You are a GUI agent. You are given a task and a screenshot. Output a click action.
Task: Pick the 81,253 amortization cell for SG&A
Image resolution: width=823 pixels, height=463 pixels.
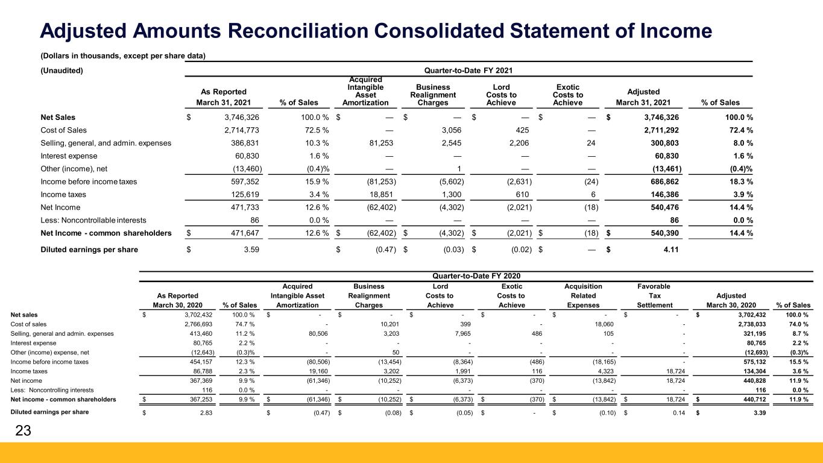tap(380, 143)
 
